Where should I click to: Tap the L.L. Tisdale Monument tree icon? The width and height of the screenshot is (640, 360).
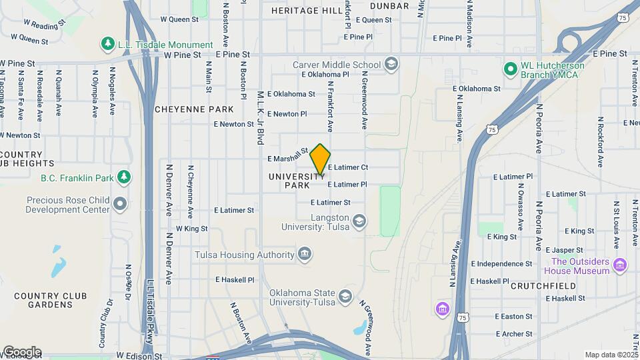pyautogui.click(x=107, y=44)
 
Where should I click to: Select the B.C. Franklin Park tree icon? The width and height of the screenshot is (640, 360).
pyautogui.click(x=123, y=177)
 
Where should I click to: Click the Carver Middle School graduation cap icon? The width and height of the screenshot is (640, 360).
pyautogui.click(x=391, y=64)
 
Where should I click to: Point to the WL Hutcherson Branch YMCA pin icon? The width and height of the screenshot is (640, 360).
pyautogui.click(x=511, y=69)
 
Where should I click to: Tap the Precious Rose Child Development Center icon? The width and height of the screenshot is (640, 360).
pyautogui.click(x=120, y=203)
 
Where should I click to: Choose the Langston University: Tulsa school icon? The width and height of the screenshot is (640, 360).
pyautogui.click(x=359, y=221)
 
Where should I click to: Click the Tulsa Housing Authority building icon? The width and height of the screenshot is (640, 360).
pyautogui.click(x=305, y=254)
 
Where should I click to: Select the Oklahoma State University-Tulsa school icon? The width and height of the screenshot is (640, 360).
pyautogui.click(x=345, y=296)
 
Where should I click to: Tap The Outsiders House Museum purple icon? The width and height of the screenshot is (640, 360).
pyautogui.click(x=620, y=265)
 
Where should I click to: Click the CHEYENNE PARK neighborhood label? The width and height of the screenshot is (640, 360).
pyautogui.click(x=194, y=109)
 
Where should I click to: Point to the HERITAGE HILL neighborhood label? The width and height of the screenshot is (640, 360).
pyautogui.click(x=307, y=11)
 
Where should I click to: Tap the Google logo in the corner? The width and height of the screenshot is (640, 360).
pyautogui.click(x=22, y=351)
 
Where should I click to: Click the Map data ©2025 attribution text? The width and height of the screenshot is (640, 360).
pyautogui.click(x=611, y=355)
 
